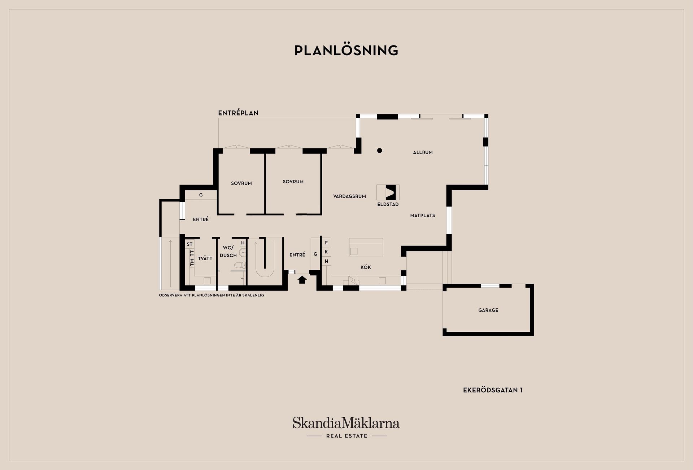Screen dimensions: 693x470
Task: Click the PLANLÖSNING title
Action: tap(346, 51)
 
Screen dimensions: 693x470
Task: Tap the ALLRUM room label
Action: tap(423, 153)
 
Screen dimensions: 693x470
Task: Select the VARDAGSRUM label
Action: tap(349, 196)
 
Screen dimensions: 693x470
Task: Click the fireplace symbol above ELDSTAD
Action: tap(388, 192)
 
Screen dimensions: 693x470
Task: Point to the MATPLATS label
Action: tap(423, 216)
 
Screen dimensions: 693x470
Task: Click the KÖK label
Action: tap(366, 267)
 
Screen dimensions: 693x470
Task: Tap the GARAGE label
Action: tap(488, 310)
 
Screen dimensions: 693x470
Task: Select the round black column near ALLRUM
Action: tap(379, 151)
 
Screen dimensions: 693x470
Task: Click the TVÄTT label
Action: tap(205, 258)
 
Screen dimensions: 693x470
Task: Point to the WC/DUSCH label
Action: tap(228, 252)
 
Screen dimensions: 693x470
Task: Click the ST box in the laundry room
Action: tap(189, 244)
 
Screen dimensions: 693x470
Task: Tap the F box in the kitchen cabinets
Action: tap(326, 243)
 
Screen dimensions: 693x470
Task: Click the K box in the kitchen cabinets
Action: tap(326, 252)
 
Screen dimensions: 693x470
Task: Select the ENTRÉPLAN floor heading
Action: tap(238, 113)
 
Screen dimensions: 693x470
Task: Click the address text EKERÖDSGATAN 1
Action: tap(493, 390)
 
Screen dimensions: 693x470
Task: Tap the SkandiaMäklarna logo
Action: tap(346, 427)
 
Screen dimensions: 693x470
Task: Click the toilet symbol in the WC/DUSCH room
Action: tap(242, 265)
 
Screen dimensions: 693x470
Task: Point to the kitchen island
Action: tap(366, 247)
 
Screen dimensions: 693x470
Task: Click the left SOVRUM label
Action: tap(241, 183)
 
